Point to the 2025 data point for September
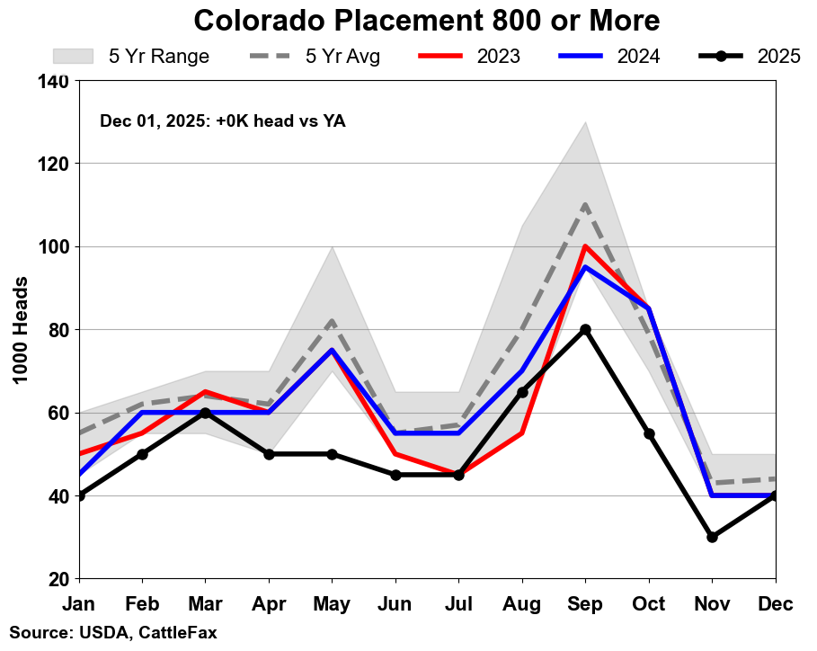point(585,329)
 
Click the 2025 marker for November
point(712,537)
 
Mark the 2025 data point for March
point(205,413)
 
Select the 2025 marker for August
point(522,392)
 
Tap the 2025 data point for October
point(649,433)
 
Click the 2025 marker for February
point(142,454)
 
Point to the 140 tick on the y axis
point(55,81)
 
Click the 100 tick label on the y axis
point(55,246)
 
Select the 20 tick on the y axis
point(59,579)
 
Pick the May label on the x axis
point(332,605)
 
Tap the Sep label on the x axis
point(585,605)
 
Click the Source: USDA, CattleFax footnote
point(113,633)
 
